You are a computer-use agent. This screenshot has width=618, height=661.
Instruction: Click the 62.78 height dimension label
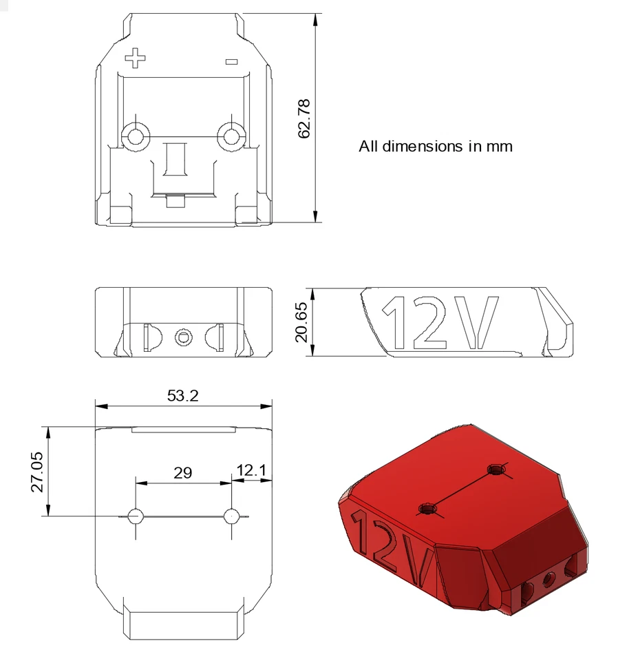coord(304,118)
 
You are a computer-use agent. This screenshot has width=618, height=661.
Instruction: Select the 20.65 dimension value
coord(303,322)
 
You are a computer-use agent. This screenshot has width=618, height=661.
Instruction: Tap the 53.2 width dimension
coord(183,395)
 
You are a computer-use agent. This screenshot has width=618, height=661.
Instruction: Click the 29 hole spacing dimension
coord(182,473)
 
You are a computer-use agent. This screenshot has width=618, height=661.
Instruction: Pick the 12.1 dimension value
coord(251,470)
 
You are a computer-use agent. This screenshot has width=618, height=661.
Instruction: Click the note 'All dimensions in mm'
coord(435,146)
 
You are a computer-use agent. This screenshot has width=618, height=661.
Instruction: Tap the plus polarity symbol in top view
coord(136,58)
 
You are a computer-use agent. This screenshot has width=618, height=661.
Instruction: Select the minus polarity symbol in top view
coord(231,62)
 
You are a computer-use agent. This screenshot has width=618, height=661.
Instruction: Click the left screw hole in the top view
coord(135,135)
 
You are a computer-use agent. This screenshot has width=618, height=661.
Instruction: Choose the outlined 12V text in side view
coord(439,322)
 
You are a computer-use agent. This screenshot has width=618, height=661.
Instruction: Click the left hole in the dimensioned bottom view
coord(136,516)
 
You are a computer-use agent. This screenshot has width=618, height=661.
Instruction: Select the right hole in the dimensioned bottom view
coord(232,515)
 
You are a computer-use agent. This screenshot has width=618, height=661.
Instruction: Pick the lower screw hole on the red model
coord(428,509)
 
